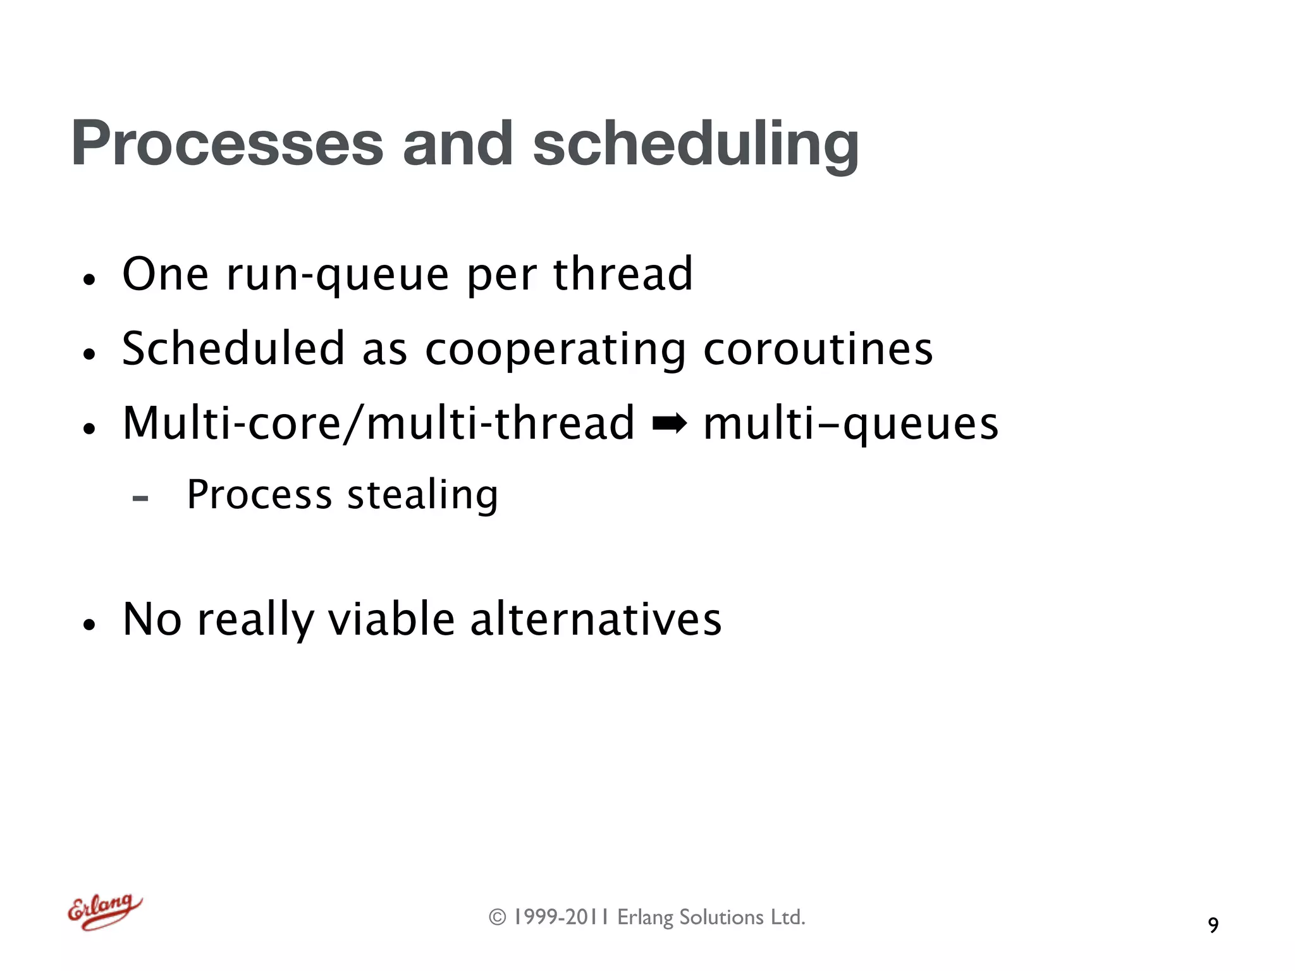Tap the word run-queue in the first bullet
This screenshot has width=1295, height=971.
(338, 275)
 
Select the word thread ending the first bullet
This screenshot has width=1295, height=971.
(623, 274)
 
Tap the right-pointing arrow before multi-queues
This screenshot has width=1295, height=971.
(669, 424)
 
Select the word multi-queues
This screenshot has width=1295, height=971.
(850, 424)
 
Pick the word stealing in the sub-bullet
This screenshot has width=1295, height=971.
(422, 495)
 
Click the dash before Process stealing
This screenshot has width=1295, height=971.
(140, 498)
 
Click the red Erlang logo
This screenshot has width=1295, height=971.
(104, 911)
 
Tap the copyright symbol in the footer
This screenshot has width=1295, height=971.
(498, 917)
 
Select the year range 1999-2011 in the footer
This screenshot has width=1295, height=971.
(560, 917)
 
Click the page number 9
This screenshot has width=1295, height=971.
(1213, 925)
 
